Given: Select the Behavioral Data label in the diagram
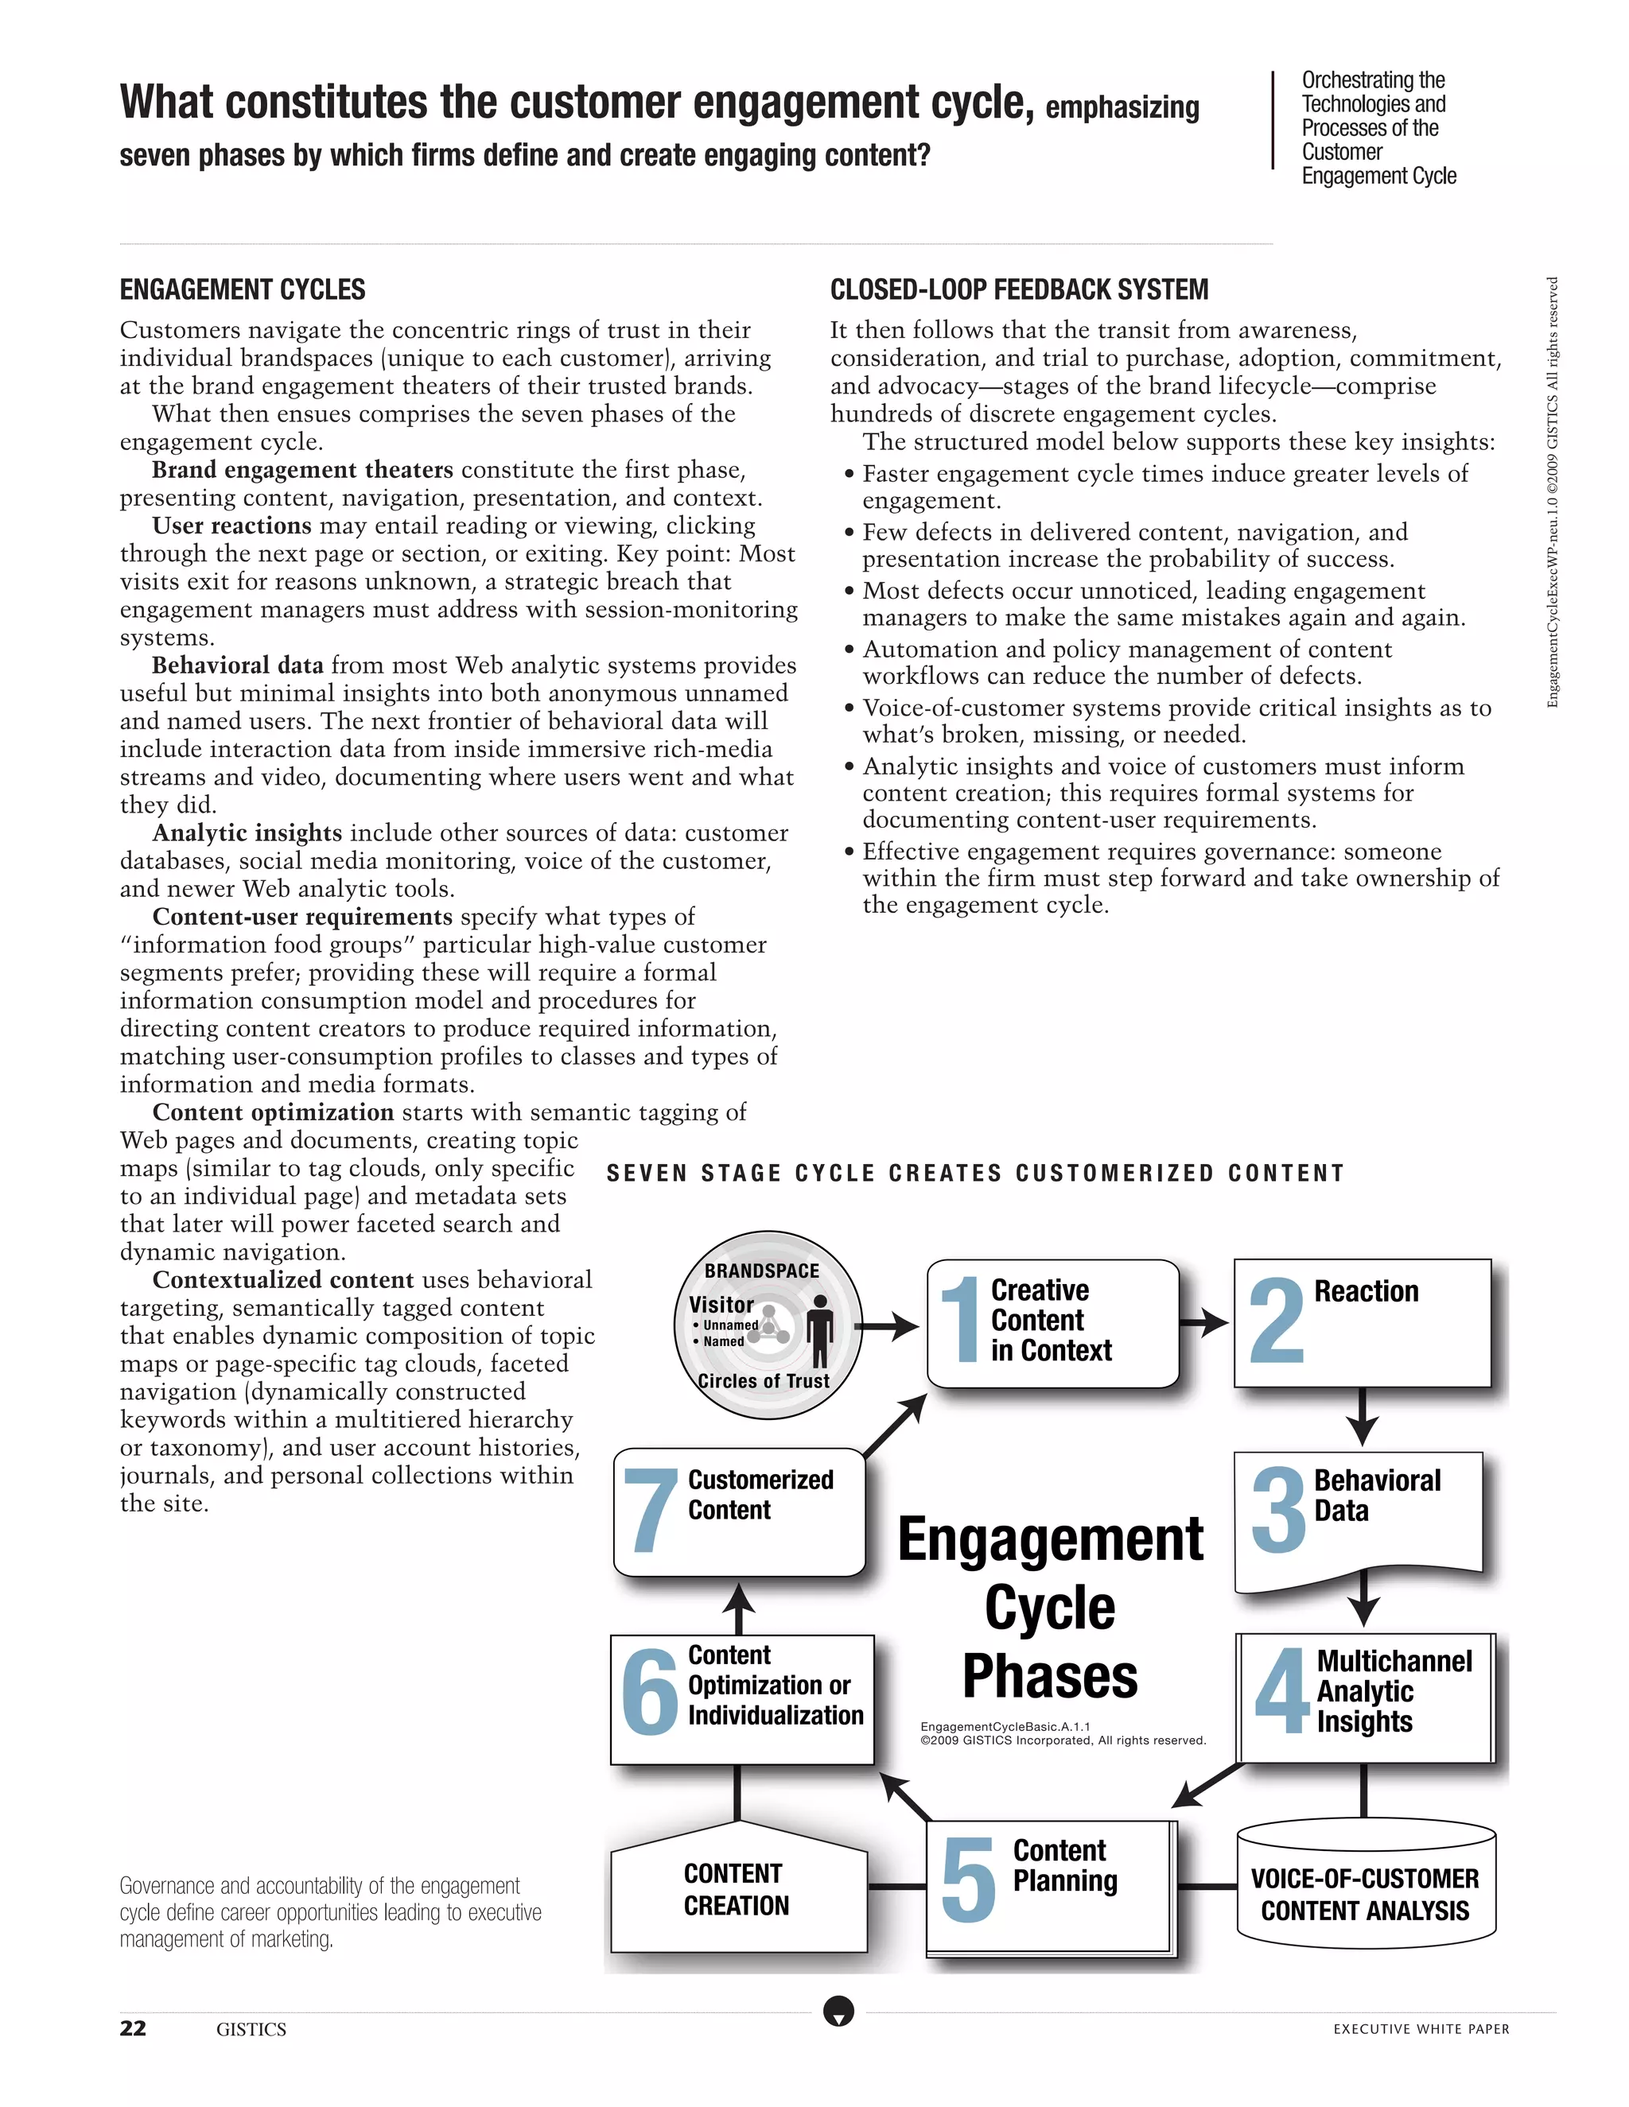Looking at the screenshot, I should [1376, 1496].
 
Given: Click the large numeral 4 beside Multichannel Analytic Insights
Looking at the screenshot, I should [1282, 1691].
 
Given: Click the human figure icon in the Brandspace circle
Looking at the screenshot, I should [819, 1330].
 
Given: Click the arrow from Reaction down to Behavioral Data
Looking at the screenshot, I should [1362, 1417].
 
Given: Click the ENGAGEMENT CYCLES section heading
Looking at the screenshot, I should [243, 289].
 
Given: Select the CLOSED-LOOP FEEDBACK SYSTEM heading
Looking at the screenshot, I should [1019, 289].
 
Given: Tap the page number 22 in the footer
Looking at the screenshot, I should [133, 2028].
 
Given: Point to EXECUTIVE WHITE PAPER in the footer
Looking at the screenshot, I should [1421, 2029].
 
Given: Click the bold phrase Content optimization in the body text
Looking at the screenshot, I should [273, 1112].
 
